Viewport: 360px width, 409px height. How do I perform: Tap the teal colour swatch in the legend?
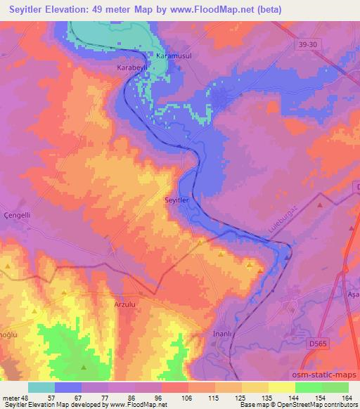(x=41, y=387)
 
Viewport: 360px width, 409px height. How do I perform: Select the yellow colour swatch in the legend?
(x=281, y=387)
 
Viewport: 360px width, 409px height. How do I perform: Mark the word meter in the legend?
(x=13, y=397)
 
